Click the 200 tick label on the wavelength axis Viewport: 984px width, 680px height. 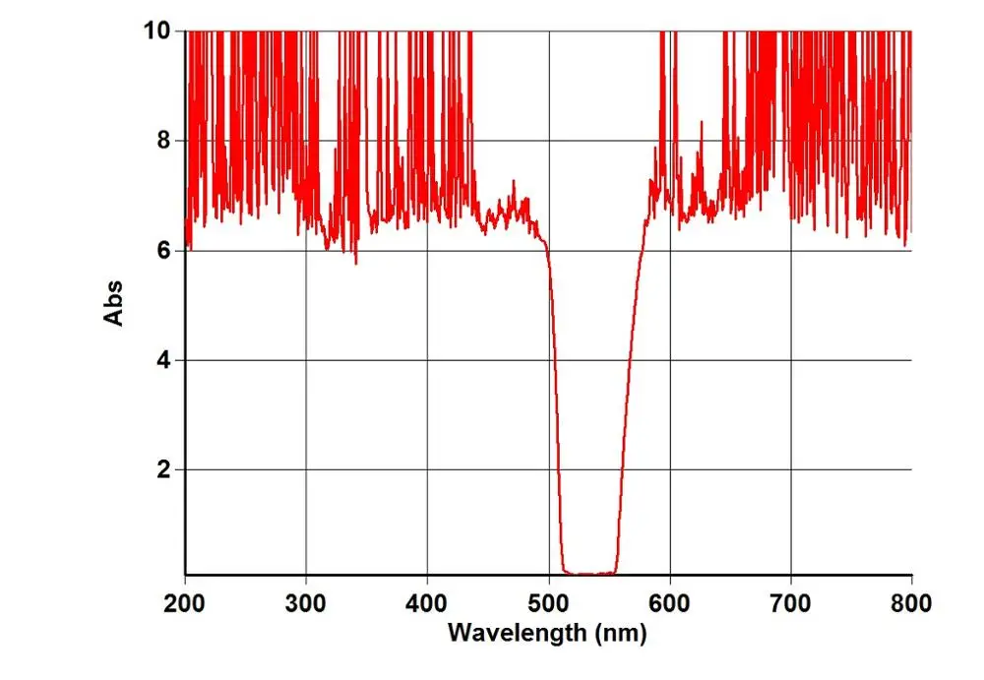185,600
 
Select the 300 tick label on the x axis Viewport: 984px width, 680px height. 306,600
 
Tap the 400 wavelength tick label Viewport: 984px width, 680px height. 427,600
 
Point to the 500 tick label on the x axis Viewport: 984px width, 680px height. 548,600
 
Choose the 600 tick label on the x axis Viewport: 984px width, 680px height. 669,600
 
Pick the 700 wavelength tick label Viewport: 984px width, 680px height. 790,600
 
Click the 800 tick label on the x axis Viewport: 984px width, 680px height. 911,600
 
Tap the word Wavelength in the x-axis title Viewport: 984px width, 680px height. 518,633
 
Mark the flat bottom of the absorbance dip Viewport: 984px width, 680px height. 588,573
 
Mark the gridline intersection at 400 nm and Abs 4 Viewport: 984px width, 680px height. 427,360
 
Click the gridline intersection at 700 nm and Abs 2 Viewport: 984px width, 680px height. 790,469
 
